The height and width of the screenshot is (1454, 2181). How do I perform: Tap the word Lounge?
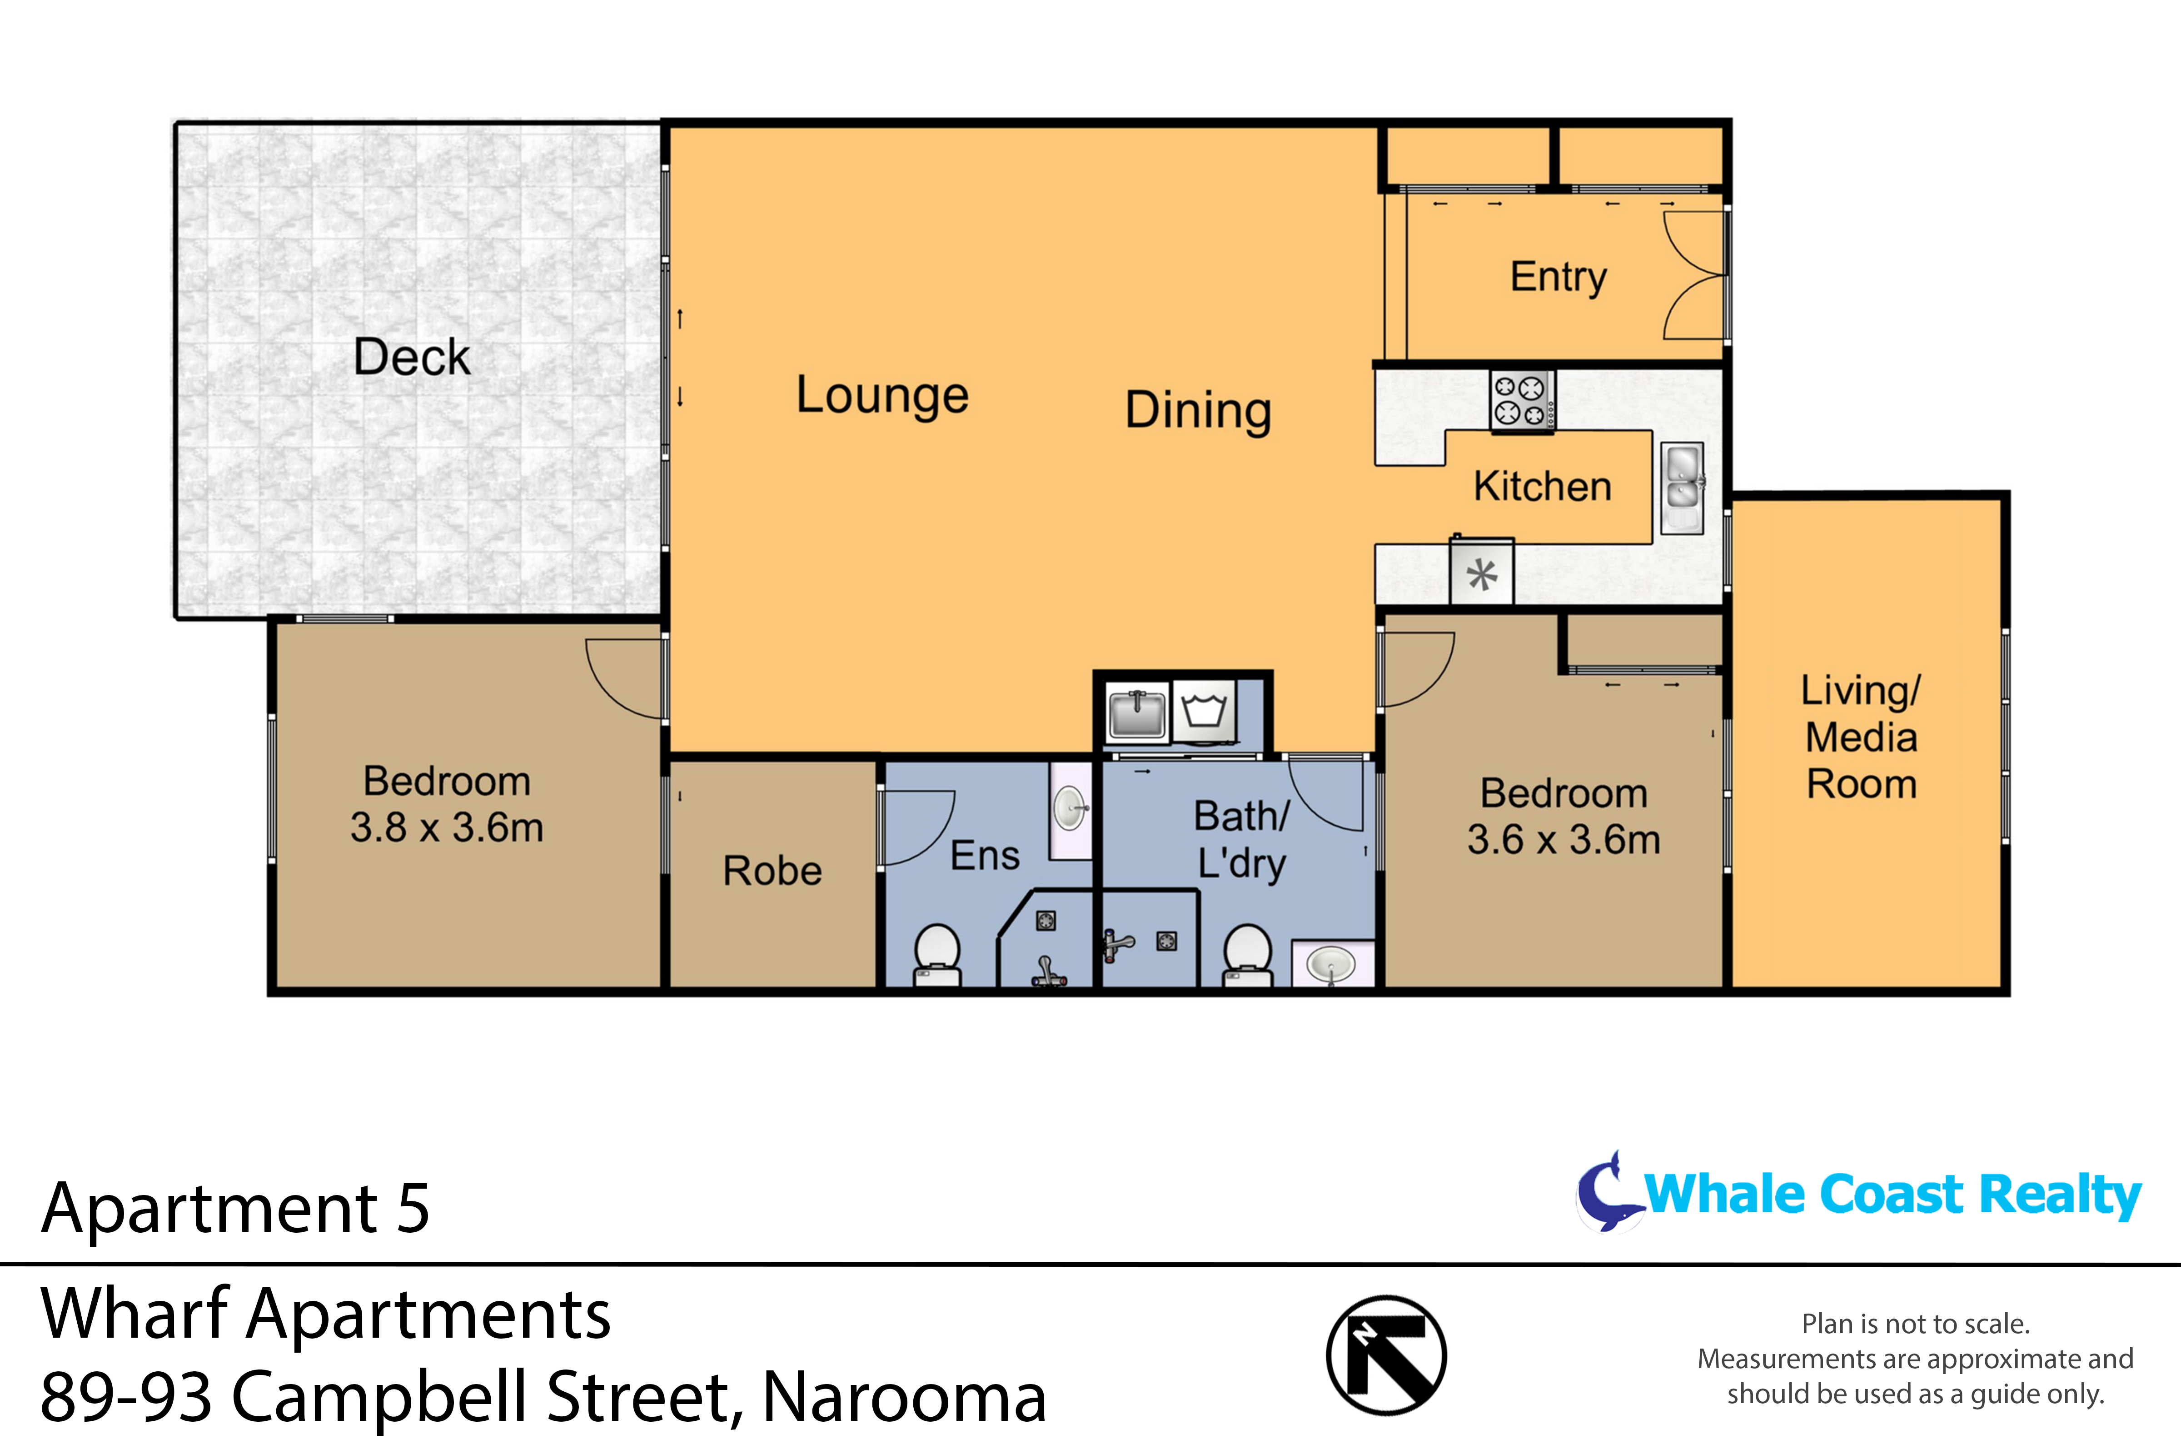pyautogui.click(x=882, y=396)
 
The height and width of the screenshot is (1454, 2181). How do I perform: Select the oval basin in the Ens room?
pyautogui.click(x=1070, y=809)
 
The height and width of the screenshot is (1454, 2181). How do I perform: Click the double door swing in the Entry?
pyautogui.click(x=1693, y=275)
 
